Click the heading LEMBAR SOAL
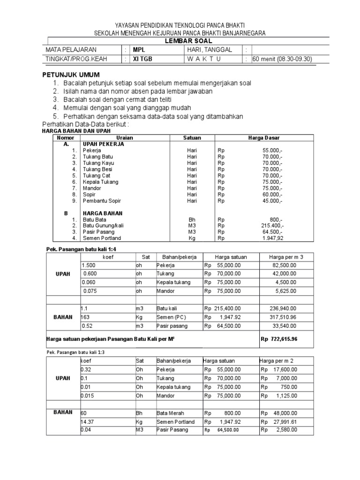[x=180, y=41]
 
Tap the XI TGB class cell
[x=142, y=59]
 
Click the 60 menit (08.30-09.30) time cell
[x=282, y=59]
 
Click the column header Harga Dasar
[x=263, y=138]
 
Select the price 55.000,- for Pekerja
[x=272, y=150]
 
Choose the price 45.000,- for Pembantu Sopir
[x=272, y=201]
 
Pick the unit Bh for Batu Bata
[x=192, y=219]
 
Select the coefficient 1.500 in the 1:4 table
[x=89, y=265]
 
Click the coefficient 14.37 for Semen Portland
[x=88, y=421]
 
